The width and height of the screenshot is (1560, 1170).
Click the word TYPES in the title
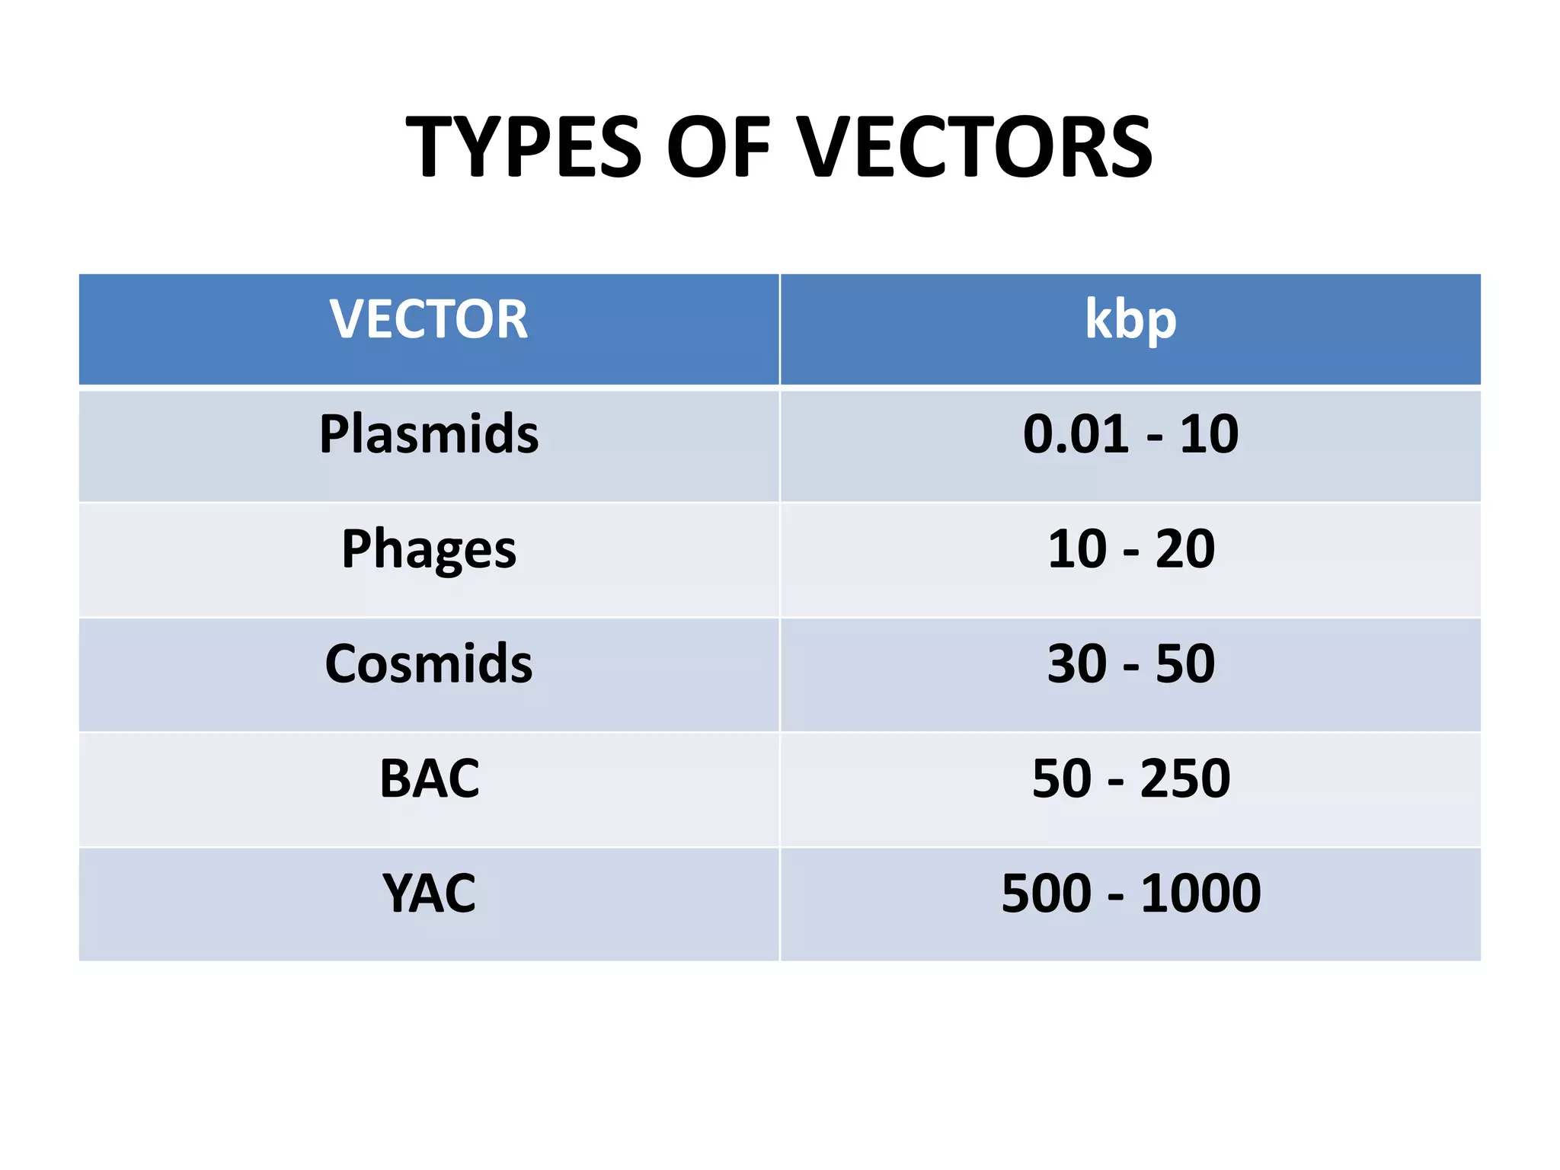pyautogui.click(x=524, y=147)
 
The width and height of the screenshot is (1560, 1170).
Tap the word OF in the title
pyautogui.click(x=719, y=147)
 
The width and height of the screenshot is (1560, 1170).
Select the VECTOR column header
pyautogui.click(x=429, y=319)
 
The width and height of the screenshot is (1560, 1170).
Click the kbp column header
pyautogui.click(x=1130, y=319)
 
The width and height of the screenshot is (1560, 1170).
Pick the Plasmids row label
pyautogui.click(x=429, y=434)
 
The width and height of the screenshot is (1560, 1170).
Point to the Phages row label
pyautogui.click(x=429, y=549)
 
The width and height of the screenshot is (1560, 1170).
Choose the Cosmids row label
pyautogui.click(x=429, y=663)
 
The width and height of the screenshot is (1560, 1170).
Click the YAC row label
pyautogui.click(x=429, y=893)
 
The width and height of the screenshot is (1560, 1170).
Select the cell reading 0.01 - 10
pyautogui.click(x=1130, y=434)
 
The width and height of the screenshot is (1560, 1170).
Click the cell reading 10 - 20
pyautogui.click(x=1130, y=549)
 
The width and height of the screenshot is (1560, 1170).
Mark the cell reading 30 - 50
pyautogui.click(x=1130, y=663)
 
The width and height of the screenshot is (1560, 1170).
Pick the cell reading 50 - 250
pyautogui.click(x=1130, y=778)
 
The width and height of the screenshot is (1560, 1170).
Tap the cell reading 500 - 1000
pyautogui.click(x=1130, y=893)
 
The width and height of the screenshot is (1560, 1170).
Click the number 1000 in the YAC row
pyautogui.click(x=1200, y=893)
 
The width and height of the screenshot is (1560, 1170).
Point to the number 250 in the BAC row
pyautogui.click(x=1185, y=778)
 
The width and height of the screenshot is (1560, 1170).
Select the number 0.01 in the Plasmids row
pyautogui.click(x=1076, y=434)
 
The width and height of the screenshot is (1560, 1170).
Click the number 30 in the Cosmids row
pyautogui.click(x=1077, y=663)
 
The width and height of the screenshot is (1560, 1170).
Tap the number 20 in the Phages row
pyautogui.click(x=1185, y=549)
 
